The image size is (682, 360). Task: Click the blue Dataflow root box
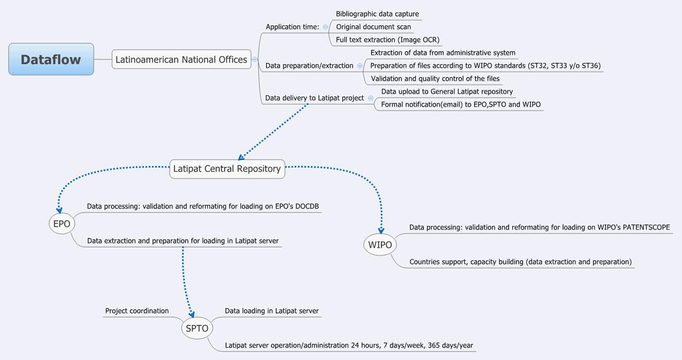[51, 59]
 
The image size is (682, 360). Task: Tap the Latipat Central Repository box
[227, 169]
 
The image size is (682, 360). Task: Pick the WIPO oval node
[380, 245]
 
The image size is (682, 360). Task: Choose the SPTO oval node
[197, 328]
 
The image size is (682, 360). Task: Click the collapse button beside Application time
[325, 27]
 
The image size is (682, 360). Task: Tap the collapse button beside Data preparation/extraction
[360, 66]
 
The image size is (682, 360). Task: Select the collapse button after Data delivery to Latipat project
[370, 98]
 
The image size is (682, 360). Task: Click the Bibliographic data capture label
[377, 14]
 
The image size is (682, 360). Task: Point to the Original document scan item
[373, 27]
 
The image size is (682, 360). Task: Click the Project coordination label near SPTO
[137, 311]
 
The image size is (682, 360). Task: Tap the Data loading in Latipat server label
[272, 311]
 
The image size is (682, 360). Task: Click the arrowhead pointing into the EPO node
[60, 210]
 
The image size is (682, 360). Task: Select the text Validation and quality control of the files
[435, 79]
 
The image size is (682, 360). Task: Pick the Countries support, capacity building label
[520, 262]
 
